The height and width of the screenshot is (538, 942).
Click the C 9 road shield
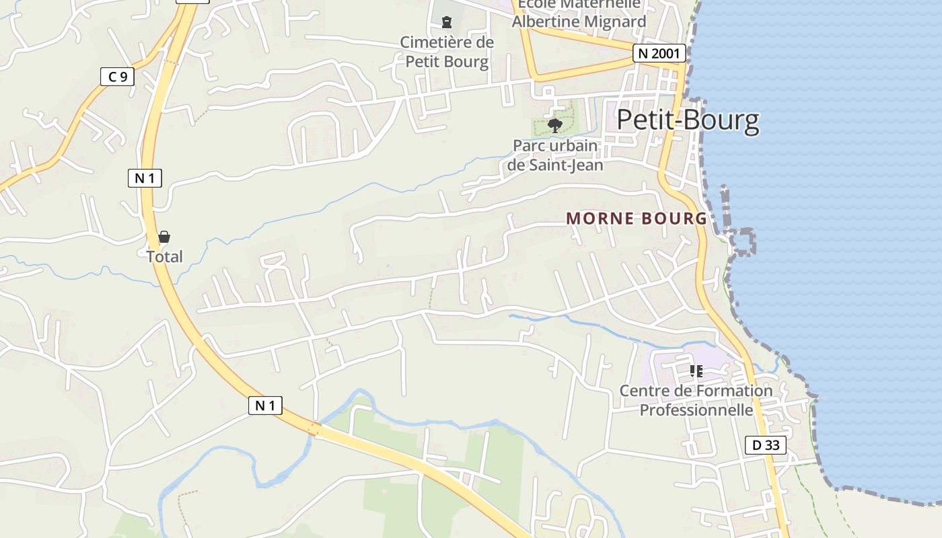[x=117, y=77]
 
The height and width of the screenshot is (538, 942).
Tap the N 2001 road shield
[x=659, y=54]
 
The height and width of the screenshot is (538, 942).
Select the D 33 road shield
[x=766, y=445]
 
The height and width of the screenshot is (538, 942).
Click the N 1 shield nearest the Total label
[x=145, y=178]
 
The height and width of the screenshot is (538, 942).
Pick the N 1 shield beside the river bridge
[x=265, y=406]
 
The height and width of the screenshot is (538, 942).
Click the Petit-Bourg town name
[x=688, y=120]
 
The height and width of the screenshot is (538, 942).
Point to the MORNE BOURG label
[x=637, y=219]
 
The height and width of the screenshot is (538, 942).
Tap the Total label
[x=164, y=256]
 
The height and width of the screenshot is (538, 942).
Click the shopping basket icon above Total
[x=164, y=237]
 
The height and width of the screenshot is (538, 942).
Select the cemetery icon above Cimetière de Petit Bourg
[x=446, y=22]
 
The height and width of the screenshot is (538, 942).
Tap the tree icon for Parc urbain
[x=555, y=125]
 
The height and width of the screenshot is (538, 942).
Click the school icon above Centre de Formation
[x=696, y=371]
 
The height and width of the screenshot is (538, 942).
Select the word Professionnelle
[x=696, y=410]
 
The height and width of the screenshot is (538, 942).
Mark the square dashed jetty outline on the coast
[x=742, y=241]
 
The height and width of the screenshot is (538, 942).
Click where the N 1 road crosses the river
[x=315, y=428]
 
